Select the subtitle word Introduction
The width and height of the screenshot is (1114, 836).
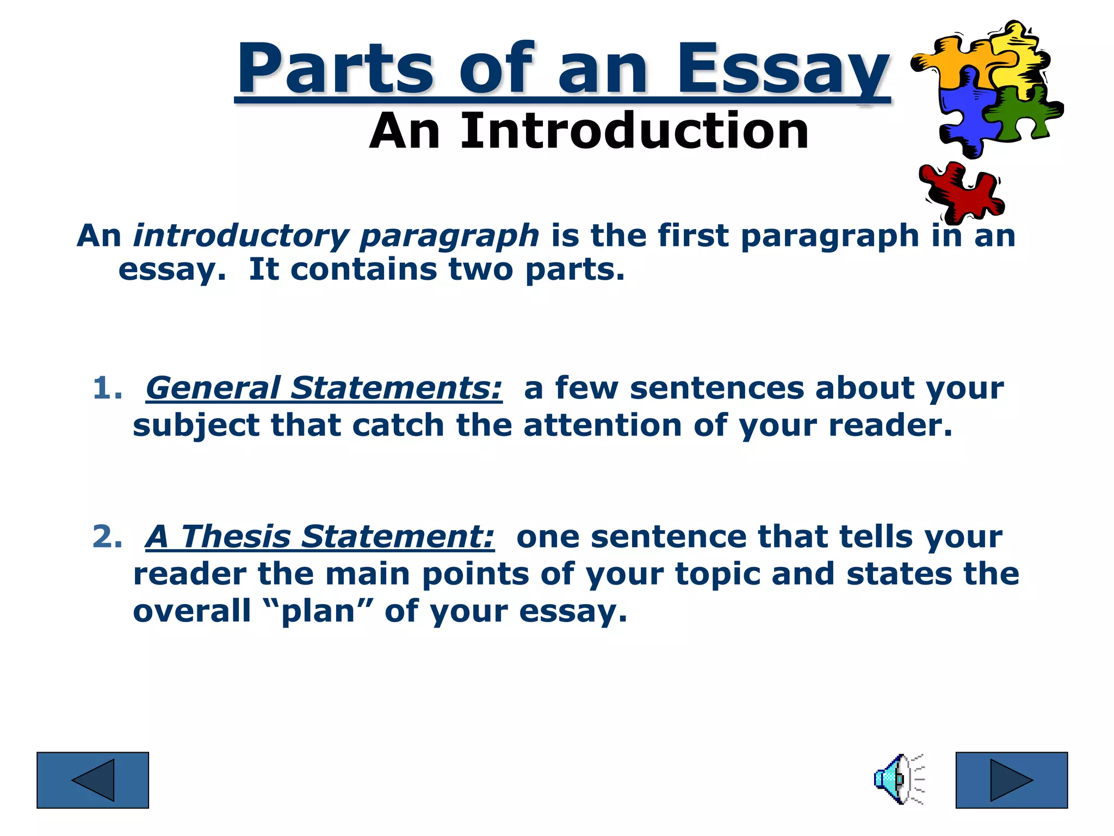(x=635, y=132)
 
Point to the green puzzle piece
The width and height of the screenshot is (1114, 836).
(x=1023, y=113)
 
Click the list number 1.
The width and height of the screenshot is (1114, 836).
(x=107, y=389)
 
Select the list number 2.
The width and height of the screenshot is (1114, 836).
(x=107, y=537)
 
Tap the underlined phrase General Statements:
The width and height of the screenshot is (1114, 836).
(x=324, y=389)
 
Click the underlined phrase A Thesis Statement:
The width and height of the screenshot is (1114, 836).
(x=320, y=537)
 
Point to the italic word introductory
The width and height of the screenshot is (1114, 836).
(x=240, y=236)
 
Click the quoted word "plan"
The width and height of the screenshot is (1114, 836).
(x=318, y=611)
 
